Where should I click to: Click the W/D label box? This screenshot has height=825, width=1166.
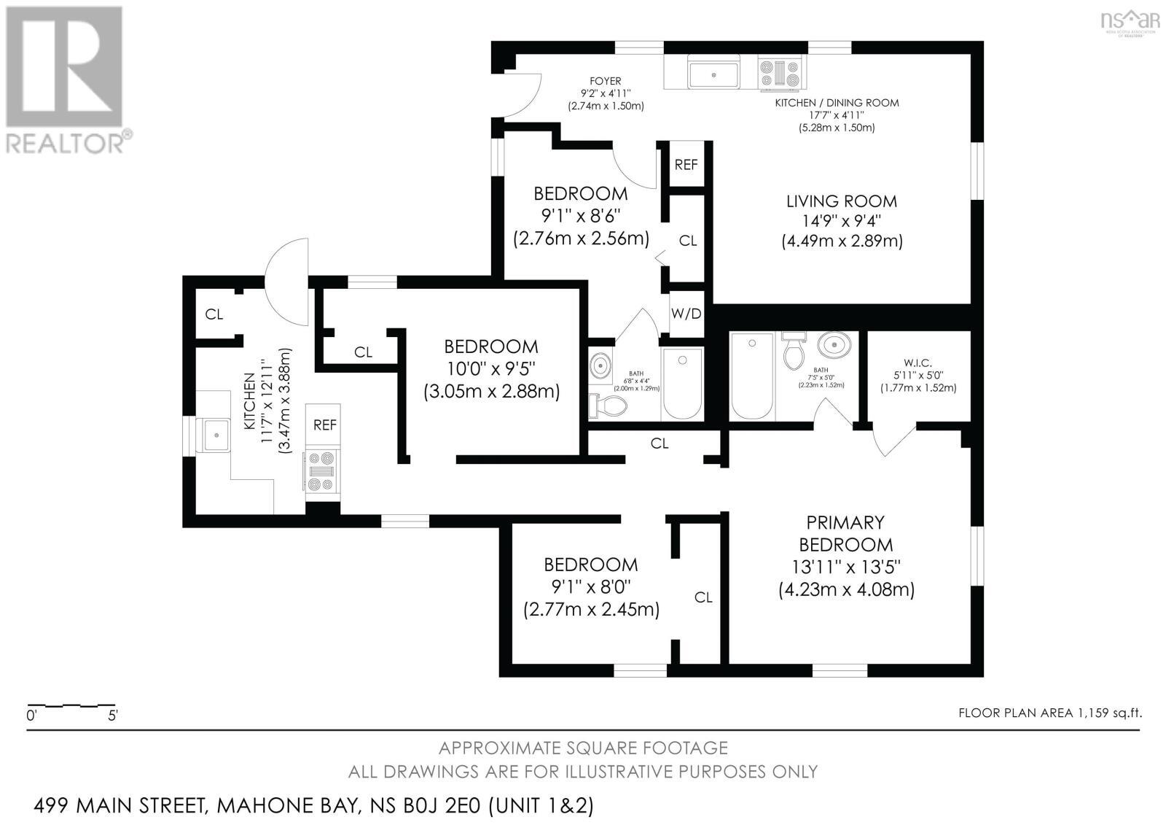686,314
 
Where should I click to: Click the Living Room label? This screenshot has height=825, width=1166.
842,201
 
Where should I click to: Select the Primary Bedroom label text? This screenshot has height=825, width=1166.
845,533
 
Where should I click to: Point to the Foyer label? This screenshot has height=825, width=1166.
606,81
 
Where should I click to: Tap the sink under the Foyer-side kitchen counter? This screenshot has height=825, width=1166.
713,74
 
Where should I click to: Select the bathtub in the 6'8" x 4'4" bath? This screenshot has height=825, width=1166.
682,384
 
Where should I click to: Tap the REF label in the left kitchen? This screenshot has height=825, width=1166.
325,425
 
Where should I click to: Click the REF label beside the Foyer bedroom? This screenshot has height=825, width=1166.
686,165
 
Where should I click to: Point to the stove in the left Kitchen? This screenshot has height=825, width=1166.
321,472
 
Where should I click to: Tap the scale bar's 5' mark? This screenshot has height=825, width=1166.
112,716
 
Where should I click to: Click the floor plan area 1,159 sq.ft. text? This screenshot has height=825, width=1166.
1049,713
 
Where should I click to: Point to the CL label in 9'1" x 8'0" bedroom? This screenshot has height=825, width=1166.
703,597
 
